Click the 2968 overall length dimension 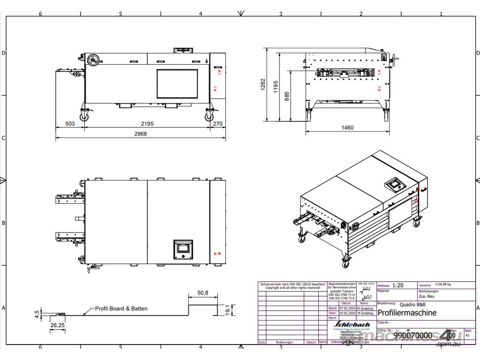click(x=141, y=134)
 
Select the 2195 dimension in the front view click(x=147, y=124)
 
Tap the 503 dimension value click(x=70, y=124)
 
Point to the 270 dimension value click(x=217, y=124)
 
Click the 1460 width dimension click(x=347, y=127)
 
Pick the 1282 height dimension click(x=263, y=84)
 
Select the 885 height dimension click(x=287, y=96)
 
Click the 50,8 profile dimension click(x=202, y=292)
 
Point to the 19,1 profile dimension click(x=227, y=310)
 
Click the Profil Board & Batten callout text click(x=121, y=308)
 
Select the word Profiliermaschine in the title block click(x=407, y=313)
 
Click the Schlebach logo click(x=352, y=324)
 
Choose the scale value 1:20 click(x=397, y=285)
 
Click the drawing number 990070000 click(x=412, y=336)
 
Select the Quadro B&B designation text click(x=413, y=304)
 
